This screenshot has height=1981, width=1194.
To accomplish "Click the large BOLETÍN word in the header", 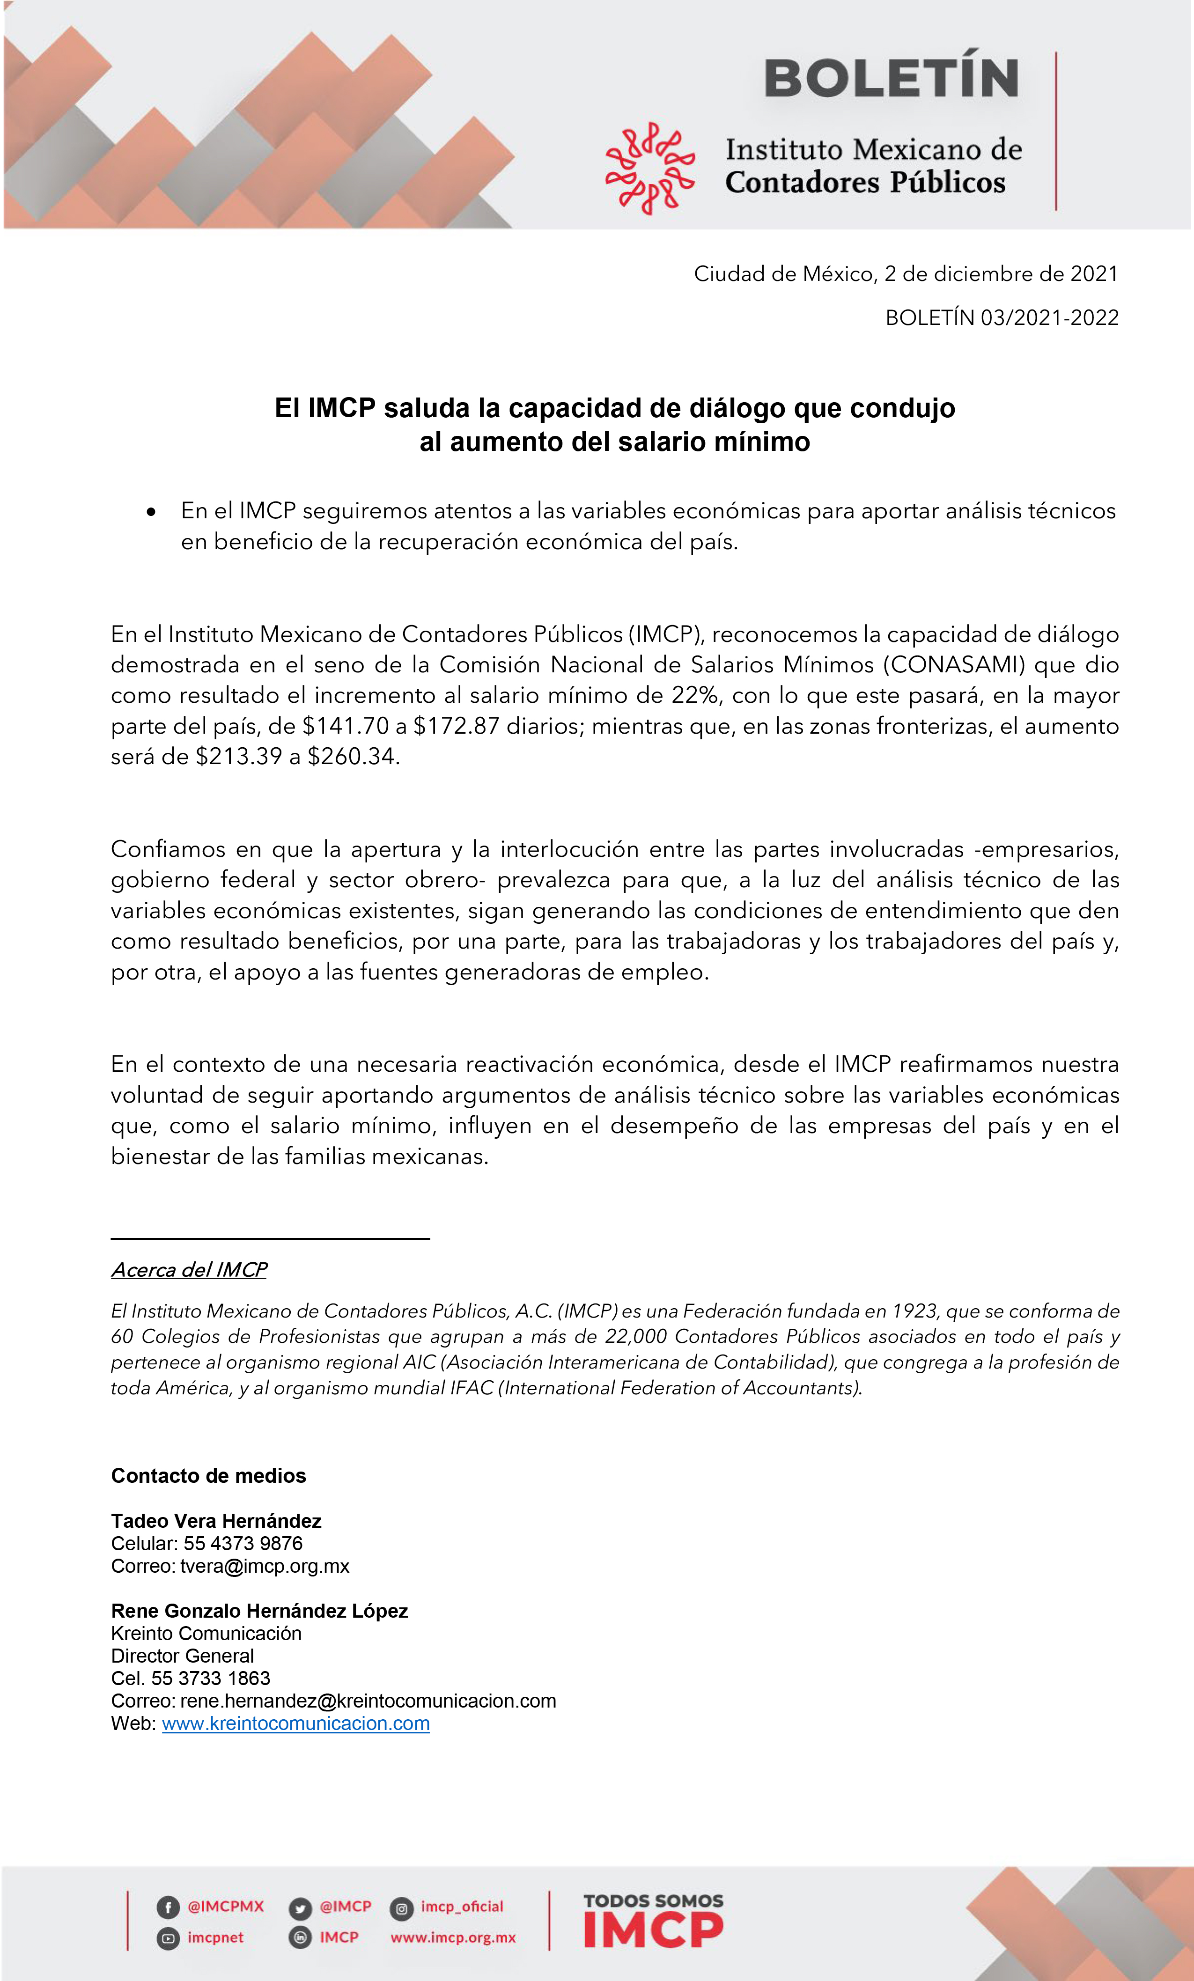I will click(891, 79).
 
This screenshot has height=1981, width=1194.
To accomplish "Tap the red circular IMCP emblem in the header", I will click(649, 168).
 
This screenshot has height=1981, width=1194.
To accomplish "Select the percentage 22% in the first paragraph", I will click(695, 695).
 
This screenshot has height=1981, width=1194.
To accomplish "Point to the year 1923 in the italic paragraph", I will click(914, 1311).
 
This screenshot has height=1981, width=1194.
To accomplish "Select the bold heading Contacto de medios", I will click(208, 1476).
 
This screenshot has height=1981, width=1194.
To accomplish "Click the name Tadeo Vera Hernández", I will click(216, 1521).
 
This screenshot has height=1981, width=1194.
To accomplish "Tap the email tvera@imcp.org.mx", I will click(265, 1566).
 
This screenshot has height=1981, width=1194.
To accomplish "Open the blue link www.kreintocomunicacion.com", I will click(296, 1724).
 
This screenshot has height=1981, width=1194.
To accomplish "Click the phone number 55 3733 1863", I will click(211, 1679).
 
